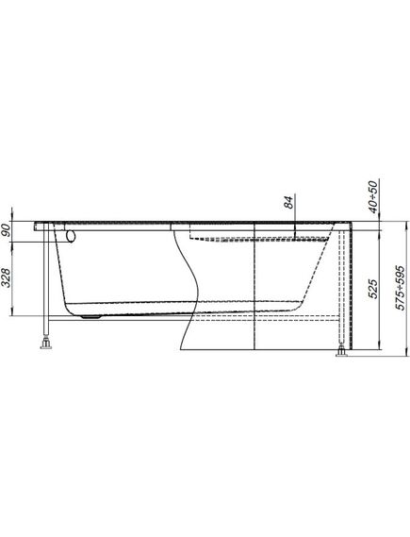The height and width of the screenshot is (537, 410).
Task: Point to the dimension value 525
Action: [x=374, y=289]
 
